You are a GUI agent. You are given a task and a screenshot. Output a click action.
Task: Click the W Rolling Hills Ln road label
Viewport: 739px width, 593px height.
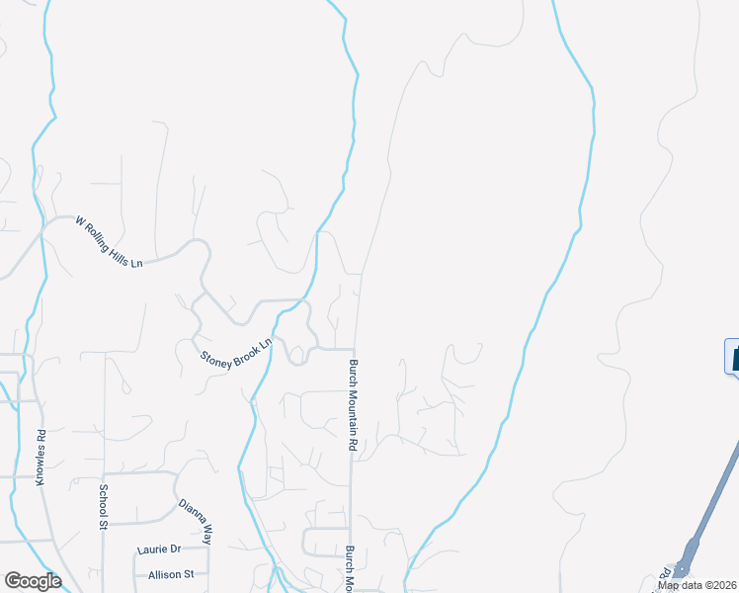point(110,242)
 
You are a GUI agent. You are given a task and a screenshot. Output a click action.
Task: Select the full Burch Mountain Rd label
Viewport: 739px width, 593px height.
point(352,405)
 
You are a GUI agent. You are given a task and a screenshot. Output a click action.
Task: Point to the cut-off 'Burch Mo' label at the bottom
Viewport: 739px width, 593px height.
point(350,566)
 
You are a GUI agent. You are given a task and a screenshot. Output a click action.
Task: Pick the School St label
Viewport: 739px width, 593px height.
point(102,507)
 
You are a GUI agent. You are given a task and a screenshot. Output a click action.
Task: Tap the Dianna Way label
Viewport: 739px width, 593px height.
point(196,521)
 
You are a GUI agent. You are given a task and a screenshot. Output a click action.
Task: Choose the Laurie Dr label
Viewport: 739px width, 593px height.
point(161,550)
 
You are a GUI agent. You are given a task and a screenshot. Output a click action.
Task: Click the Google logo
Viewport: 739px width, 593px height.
point(33,581)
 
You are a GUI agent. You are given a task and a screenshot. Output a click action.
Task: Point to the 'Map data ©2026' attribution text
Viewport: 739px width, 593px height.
point(698,585)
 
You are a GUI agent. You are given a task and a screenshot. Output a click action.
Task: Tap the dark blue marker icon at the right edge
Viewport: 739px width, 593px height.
point(732,356)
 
